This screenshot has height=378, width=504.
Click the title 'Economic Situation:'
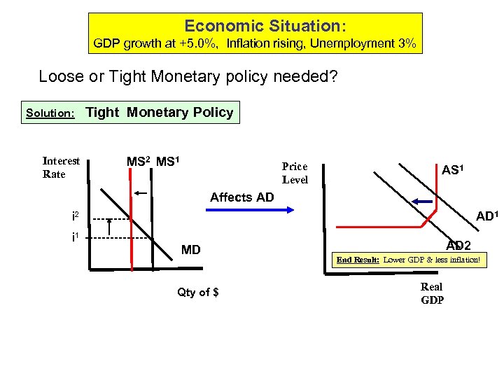(265, 27)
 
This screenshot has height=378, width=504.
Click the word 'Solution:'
(50, 113)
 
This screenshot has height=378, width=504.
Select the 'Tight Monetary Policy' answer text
(159, 112)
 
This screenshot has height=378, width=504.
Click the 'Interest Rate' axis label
(61, 167)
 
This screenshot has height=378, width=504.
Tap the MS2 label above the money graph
(139, 162)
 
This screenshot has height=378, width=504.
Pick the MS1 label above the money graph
(169, 162)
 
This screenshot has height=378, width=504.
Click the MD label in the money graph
(190, 248)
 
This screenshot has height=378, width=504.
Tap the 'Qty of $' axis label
(198, 292)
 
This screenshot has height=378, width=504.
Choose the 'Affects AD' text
(242, 197)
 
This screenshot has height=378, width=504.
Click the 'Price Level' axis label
(295, 173)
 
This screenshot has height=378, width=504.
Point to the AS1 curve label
(455, 171)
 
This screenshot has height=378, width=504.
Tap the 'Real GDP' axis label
(432, 293)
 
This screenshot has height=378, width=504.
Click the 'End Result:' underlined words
(358, 260)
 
